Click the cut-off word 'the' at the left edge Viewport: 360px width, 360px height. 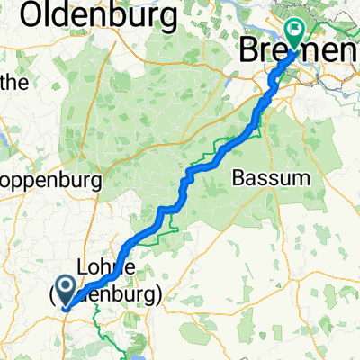[13, 84]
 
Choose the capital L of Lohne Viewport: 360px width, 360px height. [84, 269]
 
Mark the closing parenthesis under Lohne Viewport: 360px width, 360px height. [160, 294]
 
